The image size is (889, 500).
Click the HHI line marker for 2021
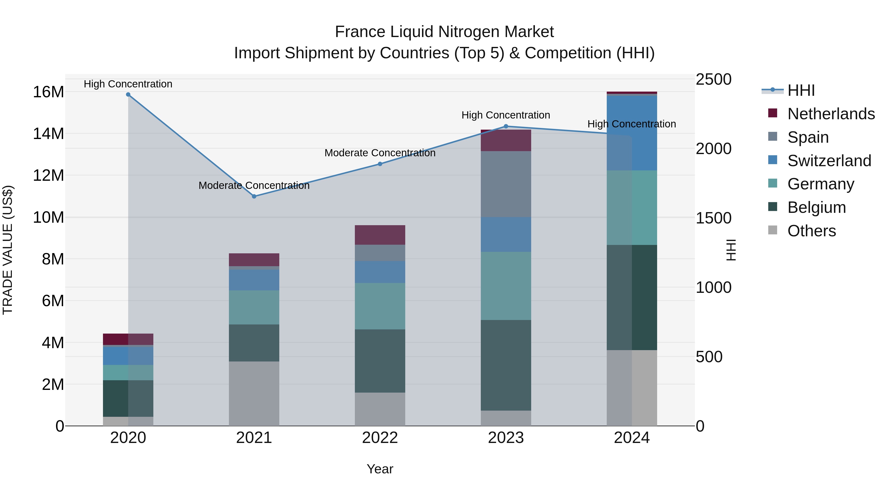(x=254, y=196)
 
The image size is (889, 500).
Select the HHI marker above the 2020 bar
(x=128, y=95)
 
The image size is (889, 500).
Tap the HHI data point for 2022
(x=380, y=164)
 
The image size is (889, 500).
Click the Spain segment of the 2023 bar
(x=506, y=184)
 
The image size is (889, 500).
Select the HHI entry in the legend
(x=801, y=90)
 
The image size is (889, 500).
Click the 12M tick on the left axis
(x=48, y=175)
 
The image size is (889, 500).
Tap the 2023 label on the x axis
(x=506, y=438)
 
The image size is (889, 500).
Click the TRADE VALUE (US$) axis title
(x=8, y=250)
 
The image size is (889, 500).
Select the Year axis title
(x=380, y=469)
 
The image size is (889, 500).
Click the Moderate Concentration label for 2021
(x=254, y=186)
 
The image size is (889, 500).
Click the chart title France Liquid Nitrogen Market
(x=444, y=32)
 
